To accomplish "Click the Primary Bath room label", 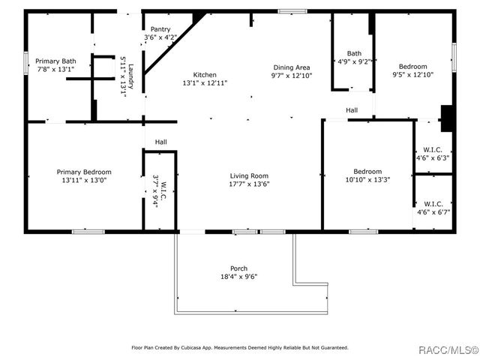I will point(55,60).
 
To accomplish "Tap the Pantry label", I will point(160,29).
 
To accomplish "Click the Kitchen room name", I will point(205,75).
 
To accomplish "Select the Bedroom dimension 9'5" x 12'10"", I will point(412,74).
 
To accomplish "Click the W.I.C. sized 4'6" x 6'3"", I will point(433,158).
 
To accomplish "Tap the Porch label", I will point(238,268).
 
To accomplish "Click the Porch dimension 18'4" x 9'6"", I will point(238,277).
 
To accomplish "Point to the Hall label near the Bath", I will point(352,110).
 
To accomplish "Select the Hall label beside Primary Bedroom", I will point(160,142).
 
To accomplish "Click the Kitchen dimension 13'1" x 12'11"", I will point(205,83).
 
